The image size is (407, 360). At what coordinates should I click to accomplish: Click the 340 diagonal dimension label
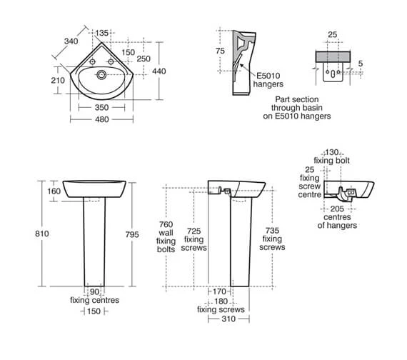71,41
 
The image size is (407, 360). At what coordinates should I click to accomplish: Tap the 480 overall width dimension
101,119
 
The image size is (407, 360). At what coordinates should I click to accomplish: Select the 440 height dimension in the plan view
159,71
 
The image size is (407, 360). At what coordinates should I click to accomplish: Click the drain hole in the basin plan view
101,75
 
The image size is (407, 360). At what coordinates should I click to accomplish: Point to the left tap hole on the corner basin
92,62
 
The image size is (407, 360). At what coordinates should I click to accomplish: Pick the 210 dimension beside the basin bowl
58,80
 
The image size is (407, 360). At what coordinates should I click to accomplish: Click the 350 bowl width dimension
101,107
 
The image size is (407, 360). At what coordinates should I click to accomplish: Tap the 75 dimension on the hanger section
220,51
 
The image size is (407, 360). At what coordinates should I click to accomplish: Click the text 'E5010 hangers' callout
268,80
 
